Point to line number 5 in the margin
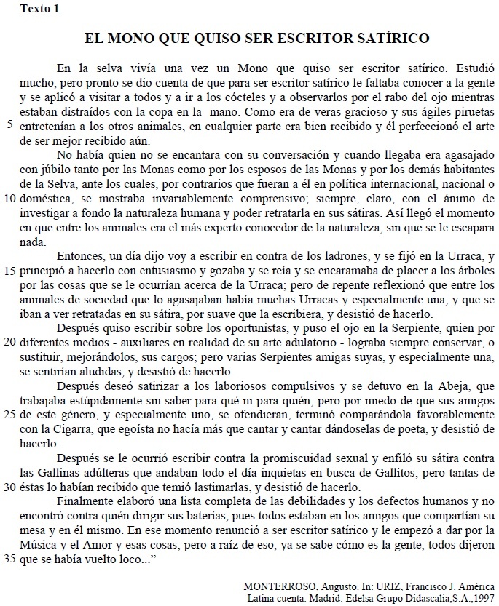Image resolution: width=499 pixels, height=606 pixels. click(8, 125)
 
